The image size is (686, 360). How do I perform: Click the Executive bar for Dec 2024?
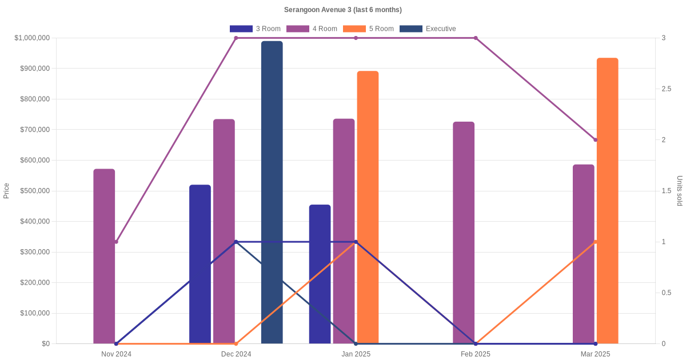coord(272,192)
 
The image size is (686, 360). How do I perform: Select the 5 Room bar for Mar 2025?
coord(607,201)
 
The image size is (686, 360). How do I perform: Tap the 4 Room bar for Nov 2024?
coord(104,256)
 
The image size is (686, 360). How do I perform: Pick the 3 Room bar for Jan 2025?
coord(320,274)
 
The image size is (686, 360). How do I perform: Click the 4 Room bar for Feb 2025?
coord(464,233)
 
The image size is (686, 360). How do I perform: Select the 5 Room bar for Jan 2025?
coord(368,207)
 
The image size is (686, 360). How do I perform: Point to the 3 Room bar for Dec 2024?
coord(200,264)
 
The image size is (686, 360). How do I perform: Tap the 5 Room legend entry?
coord(368,29)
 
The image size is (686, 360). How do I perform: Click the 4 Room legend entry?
coord(312,29)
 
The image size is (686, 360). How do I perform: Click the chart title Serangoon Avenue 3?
coord(343,10)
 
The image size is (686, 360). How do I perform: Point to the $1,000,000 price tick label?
coord(32,38)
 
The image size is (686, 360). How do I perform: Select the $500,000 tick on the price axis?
coord(34,191)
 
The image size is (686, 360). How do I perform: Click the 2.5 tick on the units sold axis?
coord(667,89)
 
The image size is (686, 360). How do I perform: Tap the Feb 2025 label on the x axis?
coord(476,354)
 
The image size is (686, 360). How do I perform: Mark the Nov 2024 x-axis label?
coord(116,354)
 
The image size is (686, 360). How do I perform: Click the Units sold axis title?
coord(679,191)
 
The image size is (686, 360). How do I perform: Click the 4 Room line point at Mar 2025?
coord(595,140)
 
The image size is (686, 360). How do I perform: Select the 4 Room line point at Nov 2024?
coord(116,242)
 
